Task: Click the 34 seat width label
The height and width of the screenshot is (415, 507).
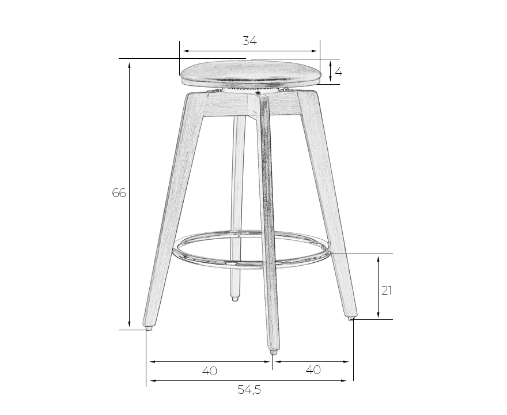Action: tap(249, 41)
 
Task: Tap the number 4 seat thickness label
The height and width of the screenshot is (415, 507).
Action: tap(338, 72)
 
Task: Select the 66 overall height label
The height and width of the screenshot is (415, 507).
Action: tap(119, 193)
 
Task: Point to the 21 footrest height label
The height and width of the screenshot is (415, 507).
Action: tap(387, 291)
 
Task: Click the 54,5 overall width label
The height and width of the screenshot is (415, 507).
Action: tap(249, 390)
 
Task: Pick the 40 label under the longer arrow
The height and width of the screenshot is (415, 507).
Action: tap(210, 371)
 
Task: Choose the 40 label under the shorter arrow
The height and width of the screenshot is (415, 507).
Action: tap(313, 369)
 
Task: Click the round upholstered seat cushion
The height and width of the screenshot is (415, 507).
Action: tap(251, 73)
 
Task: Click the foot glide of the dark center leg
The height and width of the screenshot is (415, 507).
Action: tap(273, 353)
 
